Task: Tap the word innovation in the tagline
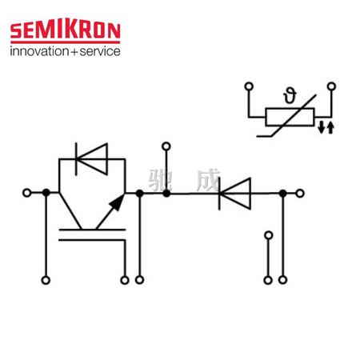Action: (39, 51)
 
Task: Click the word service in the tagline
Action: (100, 51)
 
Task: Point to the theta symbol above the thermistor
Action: (290, 96)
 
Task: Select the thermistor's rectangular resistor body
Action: (290, 117)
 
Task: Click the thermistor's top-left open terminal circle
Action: (249, 86)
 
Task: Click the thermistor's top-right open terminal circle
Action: (331, 86)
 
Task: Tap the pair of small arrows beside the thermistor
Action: (326, 127)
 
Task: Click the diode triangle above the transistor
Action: (92, 159)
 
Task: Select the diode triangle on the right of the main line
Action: (235, 194)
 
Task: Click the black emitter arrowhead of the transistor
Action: (118, 203)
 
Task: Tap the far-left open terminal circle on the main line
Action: (27, 193)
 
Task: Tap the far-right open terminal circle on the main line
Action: (300, 194)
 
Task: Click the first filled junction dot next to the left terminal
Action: (46, 193)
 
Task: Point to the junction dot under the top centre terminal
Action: (166, 194)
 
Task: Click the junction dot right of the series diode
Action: (283, 194)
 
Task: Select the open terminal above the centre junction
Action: (166, 146)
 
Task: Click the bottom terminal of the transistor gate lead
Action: (125, 280)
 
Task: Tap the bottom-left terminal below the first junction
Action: (46, 280)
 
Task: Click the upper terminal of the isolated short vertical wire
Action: (269, 235)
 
